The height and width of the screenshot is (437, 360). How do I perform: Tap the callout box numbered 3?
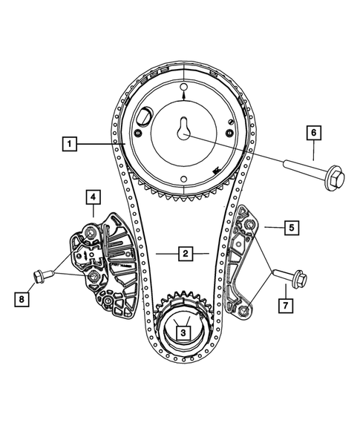point(182,334)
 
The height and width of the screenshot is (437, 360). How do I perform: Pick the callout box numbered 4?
point(93,197)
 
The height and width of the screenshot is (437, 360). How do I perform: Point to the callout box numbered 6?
point(313,133)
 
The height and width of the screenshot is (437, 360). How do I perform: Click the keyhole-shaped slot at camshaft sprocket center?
point(183,128)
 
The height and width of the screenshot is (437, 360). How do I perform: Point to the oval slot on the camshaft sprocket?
point(144,117)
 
